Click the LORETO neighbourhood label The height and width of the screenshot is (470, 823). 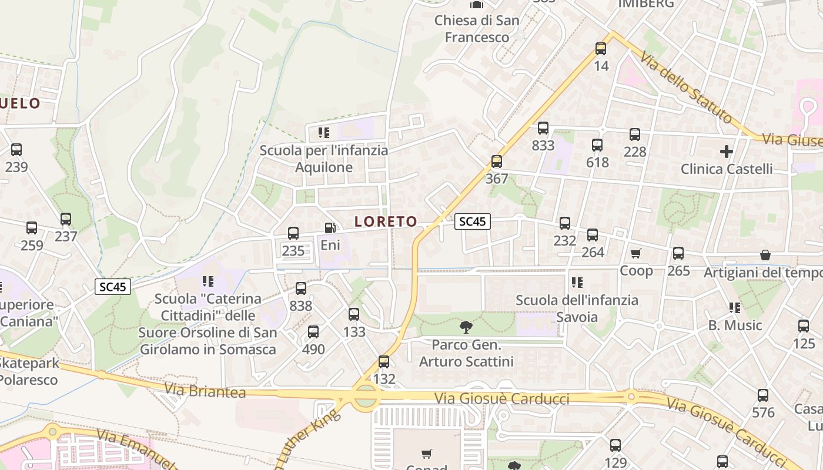point(386,221)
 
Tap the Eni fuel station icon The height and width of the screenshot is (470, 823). point(330,227)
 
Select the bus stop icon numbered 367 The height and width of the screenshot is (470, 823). point(497,161)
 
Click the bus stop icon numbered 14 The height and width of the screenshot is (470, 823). point(601,49)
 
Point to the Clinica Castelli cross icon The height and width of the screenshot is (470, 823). point(727,152)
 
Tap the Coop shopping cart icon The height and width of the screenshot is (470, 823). point(635,253)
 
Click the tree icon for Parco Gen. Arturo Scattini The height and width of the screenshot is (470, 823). point(466,327)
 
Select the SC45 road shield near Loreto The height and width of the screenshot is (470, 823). point(473,221)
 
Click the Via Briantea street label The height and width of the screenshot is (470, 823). point(205,391)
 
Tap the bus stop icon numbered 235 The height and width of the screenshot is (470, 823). point(293,233)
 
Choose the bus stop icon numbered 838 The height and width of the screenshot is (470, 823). point(301,288)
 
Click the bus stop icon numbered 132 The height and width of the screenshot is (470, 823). point(384,362)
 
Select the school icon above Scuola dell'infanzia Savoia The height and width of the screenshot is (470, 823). point(577,283)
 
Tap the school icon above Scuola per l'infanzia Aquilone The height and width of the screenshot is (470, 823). point(324,133)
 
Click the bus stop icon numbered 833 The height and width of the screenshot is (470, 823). point(543,128)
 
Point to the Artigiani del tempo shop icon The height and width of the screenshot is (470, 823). point(765,255)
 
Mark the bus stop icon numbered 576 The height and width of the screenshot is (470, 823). point(763,395)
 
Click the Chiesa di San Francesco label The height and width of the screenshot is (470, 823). point(477,29)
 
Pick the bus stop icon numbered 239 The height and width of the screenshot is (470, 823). point(16,150)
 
